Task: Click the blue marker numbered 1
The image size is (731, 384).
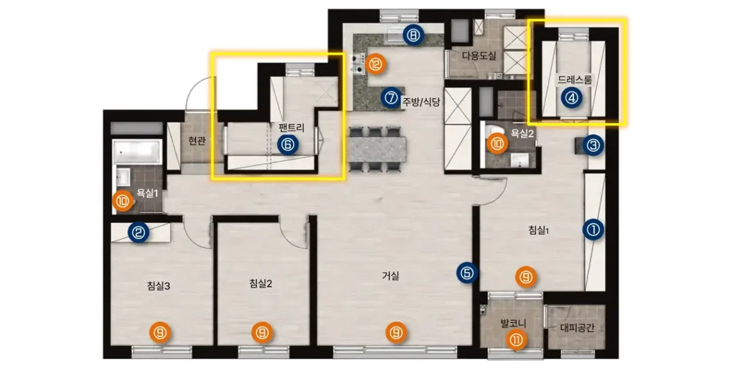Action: [x=593, y=230]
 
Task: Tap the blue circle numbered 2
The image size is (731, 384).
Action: [x=139, y=232]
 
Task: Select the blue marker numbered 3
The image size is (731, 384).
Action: [x=593, y=146]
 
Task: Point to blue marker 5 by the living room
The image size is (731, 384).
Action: [x=467, y=273]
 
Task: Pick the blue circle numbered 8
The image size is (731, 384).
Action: [x=414, y=35]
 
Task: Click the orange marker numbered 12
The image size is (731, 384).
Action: [x=376, y=64]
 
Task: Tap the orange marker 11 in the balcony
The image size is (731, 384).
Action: [x=516, y=340]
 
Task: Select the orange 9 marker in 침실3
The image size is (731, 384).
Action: [x=160, y=333]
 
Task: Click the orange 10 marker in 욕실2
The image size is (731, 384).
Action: [x=497, y=144]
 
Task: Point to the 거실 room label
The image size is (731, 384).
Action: [x=391, y=276]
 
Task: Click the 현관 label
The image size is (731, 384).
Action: [x=197, y=141]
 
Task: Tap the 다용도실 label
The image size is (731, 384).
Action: [x=479, y=56]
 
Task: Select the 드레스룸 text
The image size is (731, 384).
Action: [x=575, y=79]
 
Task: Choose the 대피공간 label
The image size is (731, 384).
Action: [x=576, y=328]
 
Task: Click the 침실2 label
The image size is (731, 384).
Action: [x=260, y=283]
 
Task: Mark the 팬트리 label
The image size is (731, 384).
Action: [x=291, y=127]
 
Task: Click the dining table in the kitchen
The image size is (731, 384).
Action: [x=376, y=149]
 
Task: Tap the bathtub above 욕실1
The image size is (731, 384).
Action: [x=137, y=151]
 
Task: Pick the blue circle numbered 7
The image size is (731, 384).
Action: [x=391, y=98]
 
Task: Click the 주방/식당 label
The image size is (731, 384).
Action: [x=421, y=101]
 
